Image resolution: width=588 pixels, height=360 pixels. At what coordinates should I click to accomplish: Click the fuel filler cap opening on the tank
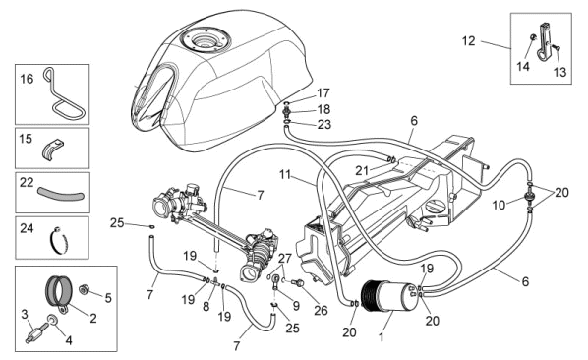point(205,38)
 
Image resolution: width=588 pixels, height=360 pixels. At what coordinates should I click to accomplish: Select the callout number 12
point(468,41)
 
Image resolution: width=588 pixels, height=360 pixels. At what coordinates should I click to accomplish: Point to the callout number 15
point(26,139)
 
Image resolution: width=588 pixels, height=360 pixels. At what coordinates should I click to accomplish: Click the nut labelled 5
point(84,290)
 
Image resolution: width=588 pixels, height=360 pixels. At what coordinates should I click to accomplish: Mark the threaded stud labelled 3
point(37,332)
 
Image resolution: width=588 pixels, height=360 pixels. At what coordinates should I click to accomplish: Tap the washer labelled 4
point(52,320)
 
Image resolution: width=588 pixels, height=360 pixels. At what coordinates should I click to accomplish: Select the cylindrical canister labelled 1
point(388,296)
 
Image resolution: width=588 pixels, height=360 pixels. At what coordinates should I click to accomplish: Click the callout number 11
point(285,175)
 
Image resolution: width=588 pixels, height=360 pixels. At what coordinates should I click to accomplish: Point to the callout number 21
point(362,171)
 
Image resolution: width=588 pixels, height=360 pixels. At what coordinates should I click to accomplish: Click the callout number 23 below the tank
point(324,124)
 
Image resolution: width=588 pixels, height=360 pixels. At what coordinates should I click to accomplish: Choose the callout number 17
point(323,92)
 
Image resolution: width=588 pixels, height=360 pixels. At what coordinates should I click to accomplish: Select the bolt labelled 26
point(299,283)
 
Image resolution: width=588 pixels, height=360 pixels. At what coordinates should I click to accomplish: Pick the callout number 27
point(285,259)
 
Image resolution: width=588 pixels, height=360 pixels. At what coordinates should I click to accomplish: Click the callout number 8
point(206,306)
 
